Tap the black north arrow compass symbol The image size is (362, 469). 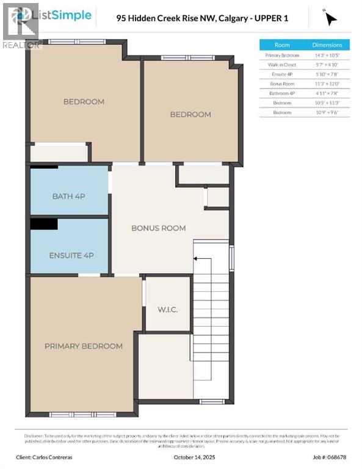pos(330,18)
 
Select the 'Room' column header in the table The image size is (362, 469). pos(282,45)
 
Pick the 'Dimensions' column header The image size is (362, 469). pos(327,45)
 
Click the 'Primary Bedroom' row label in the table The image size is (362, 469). pos(282,55)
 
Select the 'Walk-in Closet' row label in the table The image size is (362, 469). pos(282,65)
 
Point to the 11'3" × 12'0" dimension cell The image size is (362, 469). pos(327,84)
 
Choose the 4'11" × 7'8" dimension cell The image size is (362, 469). pos(327,93)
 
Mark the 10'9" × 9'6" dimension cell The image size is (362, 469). pos(327,112)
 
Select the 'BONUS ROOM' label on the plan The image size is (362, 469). pos(159,228)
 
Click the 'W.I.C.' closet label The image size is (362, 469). pos(167,310)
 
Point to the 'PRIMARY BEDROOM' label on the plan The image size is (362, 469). pos(83,346)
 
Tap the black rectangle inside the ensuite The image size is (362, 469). pos(44,224)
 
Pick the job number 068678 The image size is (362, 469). pos(337,456)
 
